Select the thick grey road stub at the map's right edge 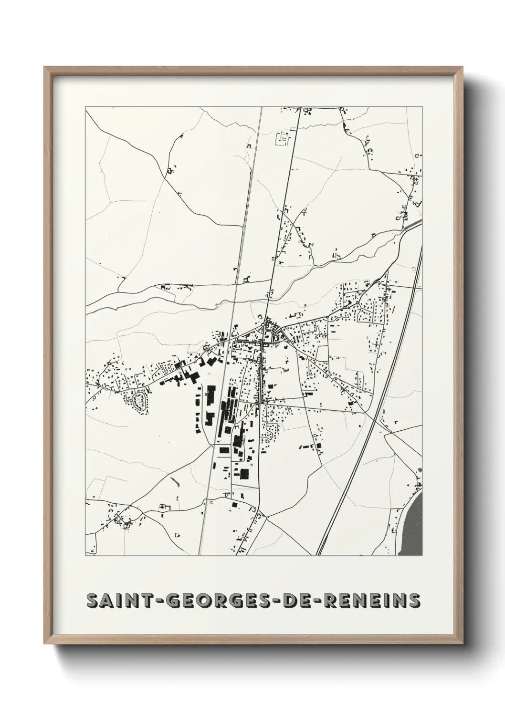(x=414, y=225)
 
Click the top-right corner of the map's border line (x=422, y=107)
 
